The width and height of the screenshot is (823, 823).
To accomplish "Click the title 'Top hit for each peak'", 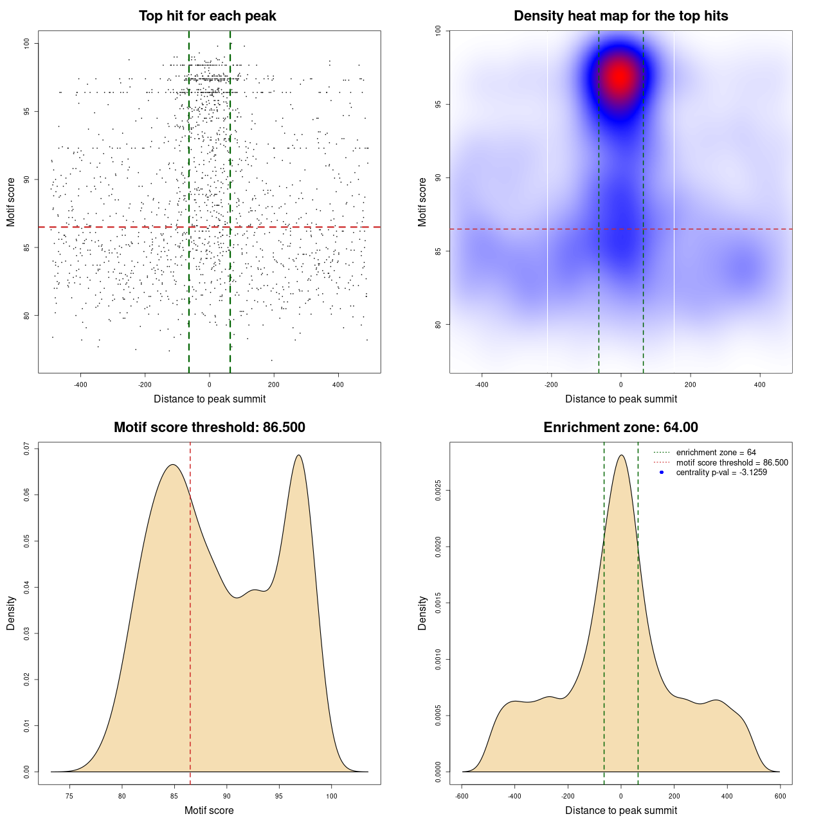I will click(208, 16).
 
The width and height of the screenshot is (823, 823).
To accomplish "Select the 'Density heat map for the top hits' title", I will click(620, 16).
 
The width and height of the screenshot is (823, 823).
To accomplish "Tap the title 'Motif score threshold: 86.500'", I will click(209, 428).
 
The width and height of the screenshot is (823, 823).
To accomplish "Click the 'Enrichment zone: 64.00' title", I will click(620, 428).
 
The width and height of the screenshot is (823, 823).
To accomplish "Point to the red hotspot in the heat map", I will click(619, 77).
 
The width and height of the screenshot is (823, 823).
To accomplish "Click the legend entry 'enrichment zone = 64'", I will click(716, 453).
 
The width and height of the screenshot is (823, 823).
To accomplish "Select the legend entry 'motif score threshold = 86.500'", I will click(732, 462).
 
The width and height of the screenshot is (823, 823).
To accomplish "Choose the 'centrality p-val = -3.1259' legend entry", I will click(721, 473).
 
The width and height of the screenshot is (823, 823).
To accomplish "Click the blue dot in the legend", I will click(662, 473).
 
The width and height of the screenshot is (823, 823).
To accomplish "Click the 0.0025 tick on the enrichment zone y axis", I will click(439, 491).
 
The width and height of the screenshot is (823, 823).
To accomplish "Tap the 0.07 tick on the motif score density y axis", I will click(27, 449).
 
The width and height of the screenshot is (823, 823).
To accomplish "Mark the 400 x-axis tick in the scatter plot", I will click(338, 384).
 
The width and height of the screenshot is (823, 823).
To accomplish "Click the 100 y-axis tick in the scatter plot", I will click(27, 43).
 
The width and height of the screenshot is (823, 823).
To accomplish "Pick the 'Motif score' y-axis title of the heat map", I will click(422, 202).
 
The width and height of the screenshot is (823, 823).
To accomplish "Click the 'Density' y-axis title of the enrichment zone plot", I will click(422, 613).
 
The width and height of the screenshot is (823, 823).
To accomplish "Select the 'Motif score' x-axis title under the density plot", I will click(209, 810).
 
